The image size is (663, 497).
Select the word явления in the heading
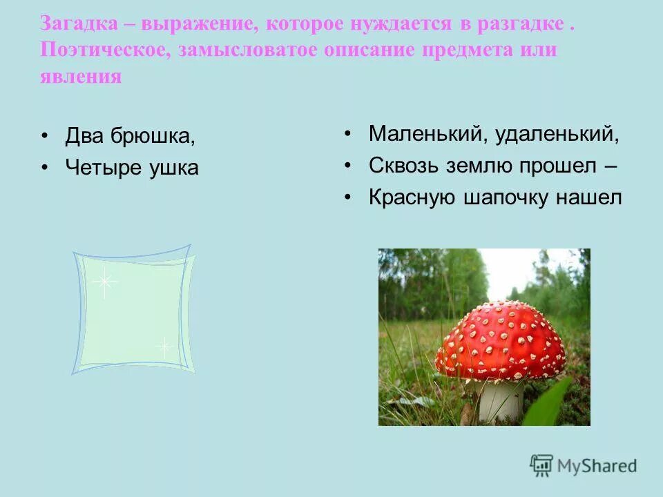[81, 76]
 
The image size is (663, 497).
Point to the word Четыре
[106, 167]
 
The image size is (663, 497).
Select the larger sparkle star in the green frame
[104, 281]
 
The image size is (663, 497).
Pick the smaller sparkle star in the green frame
[164, 347]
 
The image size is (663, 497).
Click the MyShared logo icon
[542, 465]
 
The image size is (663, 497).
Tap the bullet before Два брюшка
[46, 136]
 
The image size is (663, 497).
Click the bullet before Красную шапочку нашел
[349, 198]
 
